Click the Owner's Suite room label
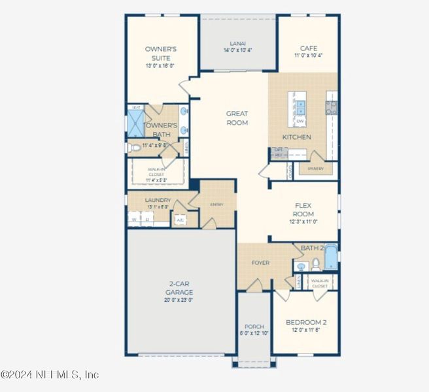(x=161, y=54)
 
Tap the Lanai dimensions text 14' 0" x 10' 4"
(x=237, y=50)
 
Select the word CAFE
(x=308, y=48)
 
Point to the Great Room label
(x=237, y=118)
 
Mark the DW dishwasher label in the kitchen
(x=300, y=122)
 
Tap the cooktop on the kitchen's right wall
(x=332, y=107)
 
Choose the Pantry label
(x=315, y=168)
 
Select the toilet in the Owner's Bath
(x=133, y=148)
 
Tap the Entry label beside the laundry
(x=216, y=204)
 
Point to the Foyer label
(x=261, y=263)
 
